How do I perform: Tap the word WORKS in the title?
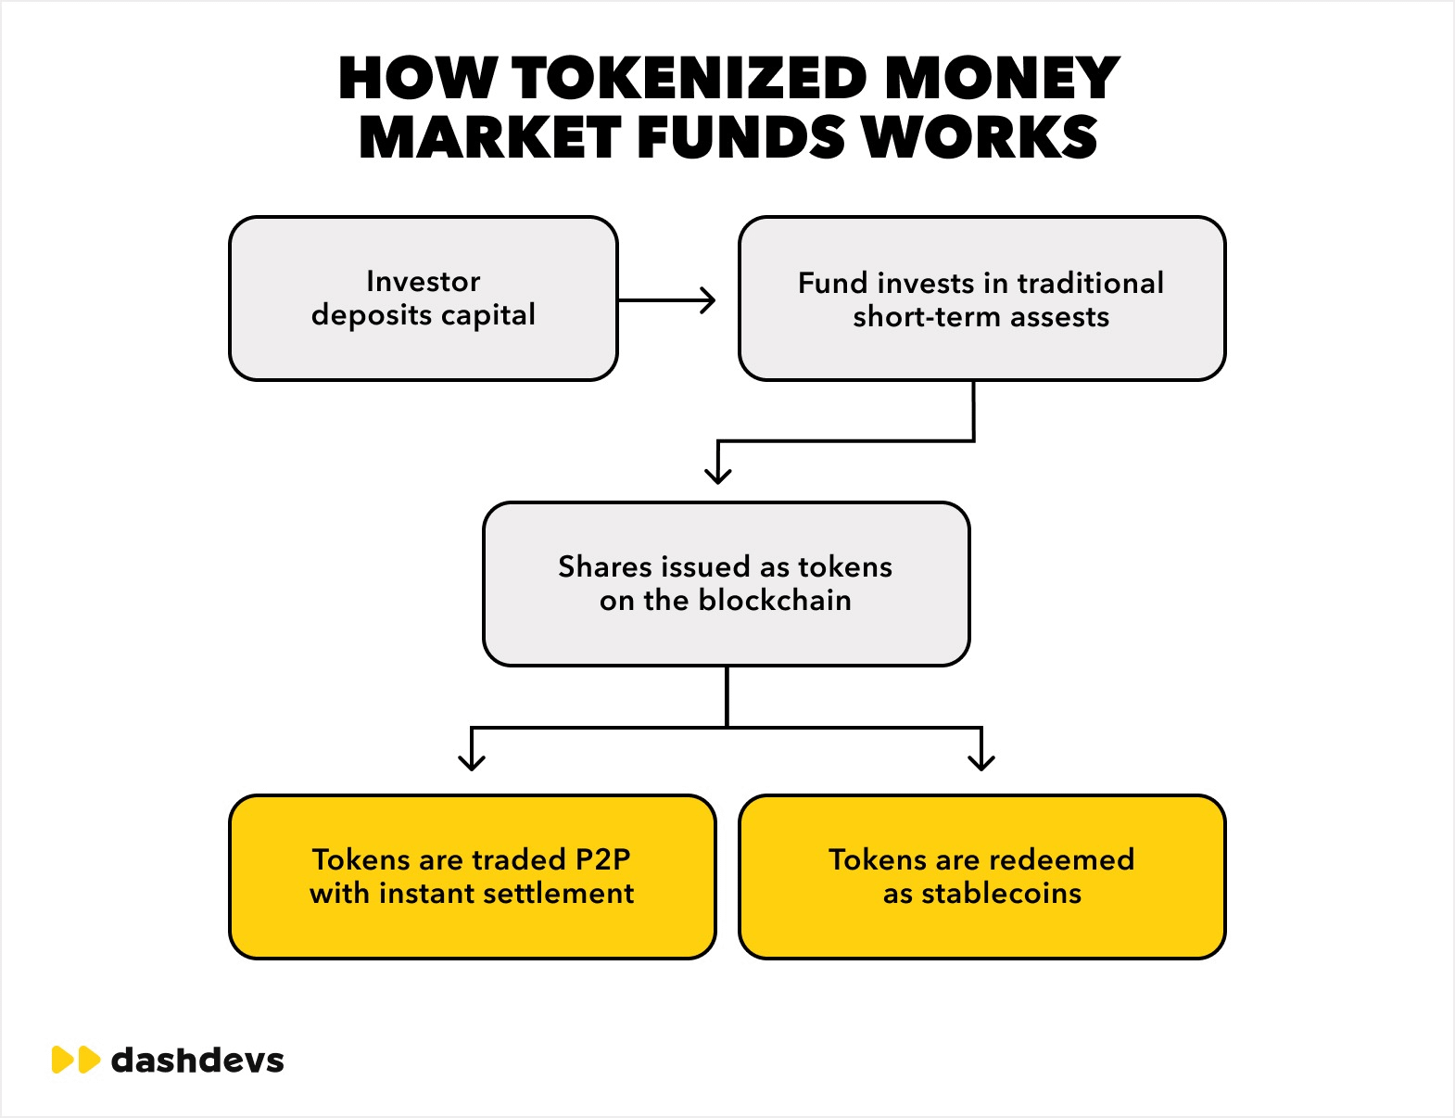pyautogui.click(x=980, y=138)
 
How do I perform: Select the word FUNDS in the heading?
pyautogui.click(x=740, y=138)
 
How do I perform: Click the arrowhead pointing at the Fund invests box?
pyautogui.click(x=709, y=300)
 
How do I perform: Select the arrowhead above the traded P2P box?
pyautogui.click(x=472, y=762)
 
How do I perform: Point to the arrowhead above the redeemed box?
pyautogui.click(x=981, y=762)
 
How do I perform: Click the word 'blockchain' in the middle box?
pyautogui.click(x=775, y=601)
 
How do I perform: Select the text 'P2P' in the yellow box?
pyautogui.click(x=602, y=859)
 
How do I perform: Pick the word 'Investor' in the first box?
pyautogui.click(x=424, y=281)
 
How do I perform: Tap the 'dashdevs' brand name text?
pyautogui.click(x=197, y=1060)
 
